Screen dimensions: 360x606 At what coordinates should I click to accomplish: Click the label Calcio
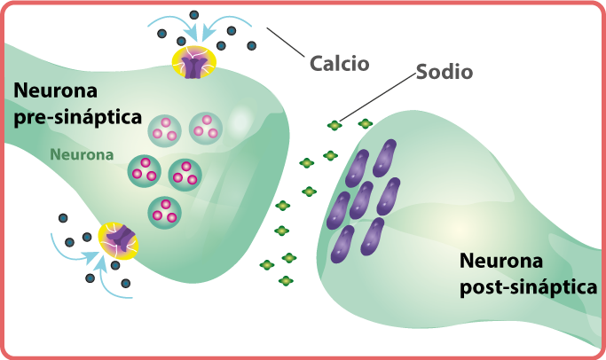point(339,63)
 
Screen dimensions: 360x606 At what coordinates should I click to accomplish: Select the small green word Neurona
point(81,153)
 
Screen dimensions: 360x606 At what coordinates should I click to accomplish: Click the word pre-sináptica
point(78,115)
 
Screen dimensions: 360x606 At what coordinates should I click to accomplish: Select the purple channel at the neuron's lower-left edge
point(119,239)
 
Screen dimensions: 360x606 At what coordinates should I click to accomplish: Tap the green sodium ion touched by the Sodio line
point(334,126)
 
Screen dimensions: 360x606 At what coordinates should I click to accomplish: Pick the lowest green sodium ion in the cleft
point(286,281)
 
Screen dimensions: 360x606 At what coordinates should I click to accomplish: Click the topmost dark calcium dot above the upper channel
point(192,14)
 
